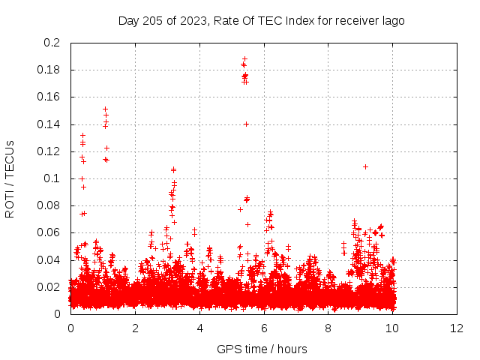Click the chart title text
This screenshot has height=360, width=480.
point(261,20)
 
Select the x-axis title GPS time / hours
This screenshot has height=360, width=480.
point(262,349)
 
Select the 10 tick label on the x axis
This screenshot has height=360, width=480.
point(393,328)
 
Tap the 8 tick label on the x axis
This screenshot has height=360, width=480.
point(328,328)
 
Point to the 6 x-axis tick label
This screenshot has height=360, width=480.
point(264,328)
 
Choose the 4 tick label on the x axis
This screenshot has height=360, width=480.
point(199,328)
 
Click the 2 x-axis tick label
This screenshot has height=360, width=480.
point(135,328)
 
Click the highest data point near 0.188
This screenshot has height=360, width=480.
point(244,58)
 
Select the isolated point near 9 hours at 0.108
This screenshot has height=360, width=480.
point(365,166)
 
